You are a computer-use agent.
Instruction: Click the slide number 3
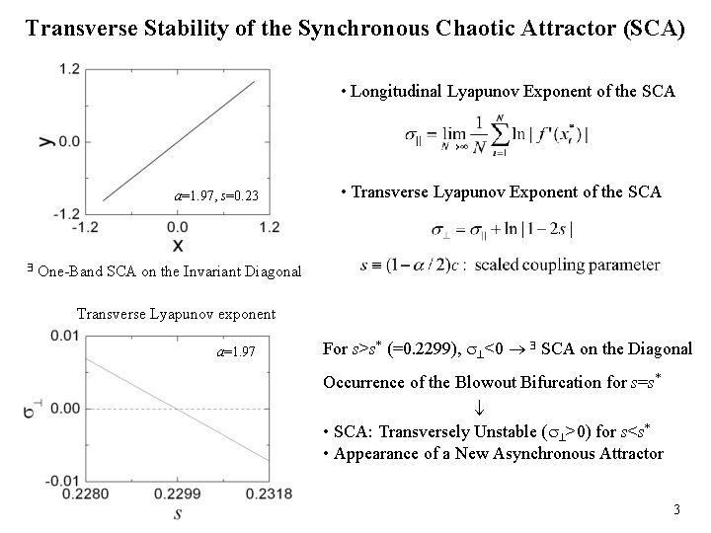(676, 510)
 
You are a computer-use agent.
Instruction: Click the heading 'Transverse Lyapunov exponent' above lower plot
(176, 315)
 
